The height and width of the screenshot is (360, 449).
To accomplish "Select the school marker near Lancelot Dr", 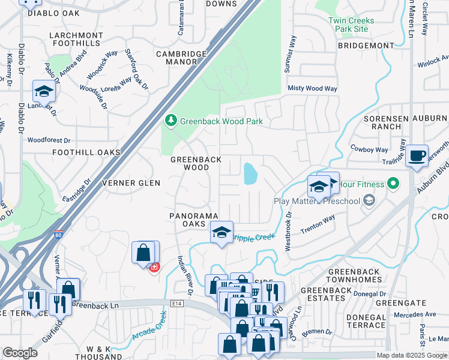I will (x=44, y=92).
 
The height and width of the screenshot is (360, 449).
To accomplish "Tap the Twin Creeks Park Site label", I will (x=352, y=25).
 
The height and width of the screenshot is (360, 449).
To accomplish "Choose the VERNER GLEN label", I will (x=130, y=183).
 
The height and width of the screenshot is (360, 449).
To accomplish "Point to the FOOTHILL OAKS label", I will (x=86, y=153).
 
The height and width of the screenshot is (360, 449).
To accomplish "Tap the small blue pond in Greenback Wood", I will (x=250, y=175).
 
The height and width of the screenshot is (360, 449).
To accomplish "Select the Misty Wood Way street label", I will (x=312, y=88).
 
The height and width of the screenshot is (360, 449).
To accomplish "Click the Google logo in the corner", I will (x=20, y=353).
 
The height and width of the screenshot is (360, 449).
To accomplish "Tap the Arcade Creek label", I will (x=147, y=331).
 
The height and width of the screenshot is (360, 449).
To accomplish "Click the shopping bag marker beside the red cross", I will (x=144, y=253).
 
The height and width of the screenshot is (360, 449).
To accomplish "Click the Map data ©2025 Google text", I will (x=411, y=355).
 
